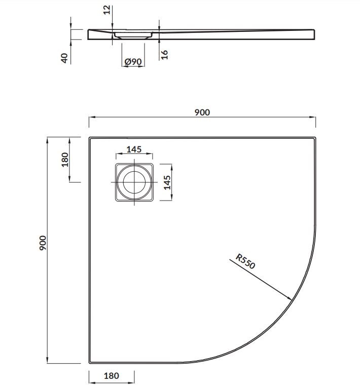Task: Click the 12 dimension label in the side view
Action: [x=106, y=9]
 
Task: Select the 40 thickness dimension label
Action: [x=64, y=57]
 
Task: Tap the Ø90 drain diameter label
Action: [x=132, y=61]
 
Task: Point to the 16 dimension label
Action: [x=164, y=54]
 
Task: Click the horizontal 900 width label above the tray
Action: [x=202, y=112]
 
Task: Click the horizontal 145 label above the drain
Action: [x=134, y=149]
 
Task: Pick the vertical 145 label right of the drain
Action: [x=167, y=182]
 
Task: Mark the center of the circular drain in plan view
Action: [x=134, y=182]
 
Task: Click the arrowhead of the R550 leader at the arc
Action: [x=293, y=299]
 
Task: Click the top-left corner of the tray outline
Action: [x=90, y=137]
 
